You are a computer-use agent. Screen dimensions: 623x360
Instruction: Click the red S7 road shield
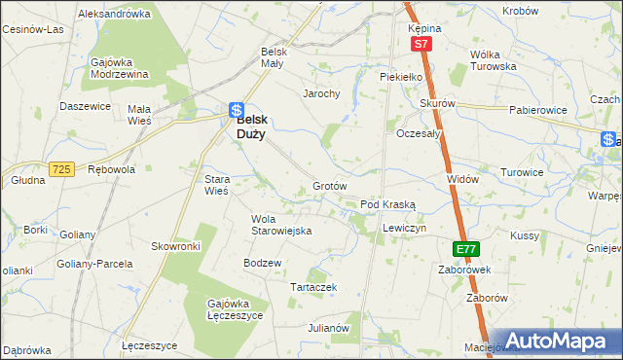420,45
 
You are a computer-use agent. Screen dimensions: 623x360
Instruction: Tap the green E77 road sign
466,249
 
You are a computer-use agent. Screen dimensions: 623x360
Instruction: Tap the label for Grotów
330,186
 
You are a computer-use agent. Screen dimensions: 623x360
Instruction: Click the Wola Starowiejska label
280,225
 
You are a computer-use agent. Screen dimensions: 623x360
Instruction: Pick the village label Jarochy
320,94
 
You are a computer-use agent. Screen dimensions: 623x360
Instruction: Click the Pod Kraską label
388,205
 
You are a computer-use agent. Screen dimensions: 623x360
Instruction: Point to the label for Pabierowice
536,111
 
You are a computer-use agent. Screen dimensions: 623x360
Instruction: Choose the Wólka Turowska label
493,60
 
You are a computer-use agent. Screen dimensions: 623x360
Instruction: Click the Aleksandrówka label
114,15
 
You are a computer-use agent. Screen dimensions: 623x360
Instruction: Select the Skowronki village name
175,247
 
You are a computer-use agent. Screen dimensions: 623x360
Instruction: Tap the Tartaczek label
313,287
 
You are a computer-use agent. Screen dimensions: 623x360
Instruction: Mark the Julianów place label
329,329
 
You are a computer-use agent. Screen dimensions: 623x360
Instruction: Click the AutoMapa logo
558,341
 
